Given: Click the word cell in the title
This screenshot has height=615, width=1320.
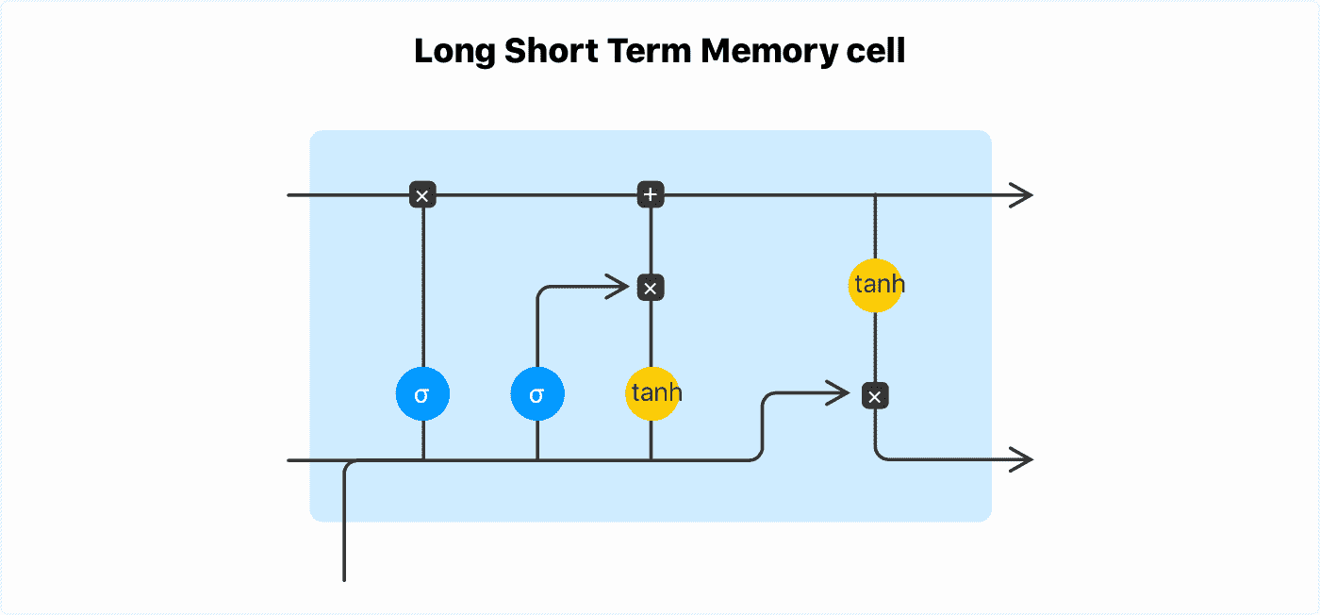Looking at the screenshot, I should coord(875,52).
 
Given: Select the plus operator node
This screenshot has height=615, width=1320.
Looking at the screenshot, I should coord(651,195).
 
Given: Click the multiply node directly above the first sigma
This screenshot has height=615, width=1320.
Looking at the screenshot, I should coord(422,195).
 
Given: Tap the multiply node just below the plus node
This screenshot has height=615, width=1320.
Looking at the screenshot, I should coord(651,287).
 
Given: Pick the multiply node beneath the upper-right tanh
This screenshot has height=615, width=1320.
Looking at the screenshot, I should coord(875,396).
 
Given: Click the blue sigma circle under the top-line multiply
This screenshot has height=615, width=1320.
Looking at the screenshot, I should coord(422,394).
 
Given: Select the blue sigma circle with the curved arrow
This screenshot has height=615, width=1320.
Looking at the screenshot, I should coord(537,394).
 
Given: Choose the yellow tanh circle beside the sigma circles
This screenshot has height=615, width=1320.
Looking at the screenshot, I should coord(652,393).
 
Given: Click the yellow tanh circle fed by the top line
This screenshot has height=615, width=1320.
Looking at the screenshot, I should coord(876,285).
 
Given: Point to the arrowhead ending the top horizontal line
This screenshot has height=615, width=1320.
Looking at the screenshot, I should coord(1024,195).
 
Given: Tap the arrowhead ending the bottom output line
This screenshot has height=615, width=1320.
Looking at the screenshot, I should coord(1024,460).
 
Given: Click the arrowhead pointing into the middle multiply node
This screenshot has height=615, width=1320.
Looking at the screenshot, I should coord(619,284).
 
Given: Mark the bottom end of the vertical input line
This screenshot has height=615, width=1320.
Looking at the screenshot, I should coord(345,579).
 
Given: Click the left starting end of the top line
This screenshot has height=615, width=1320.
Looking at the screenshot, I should coord(289,195).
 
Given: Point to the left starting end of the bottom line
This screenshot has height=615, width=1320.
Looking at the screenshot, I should coord(289,460).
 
